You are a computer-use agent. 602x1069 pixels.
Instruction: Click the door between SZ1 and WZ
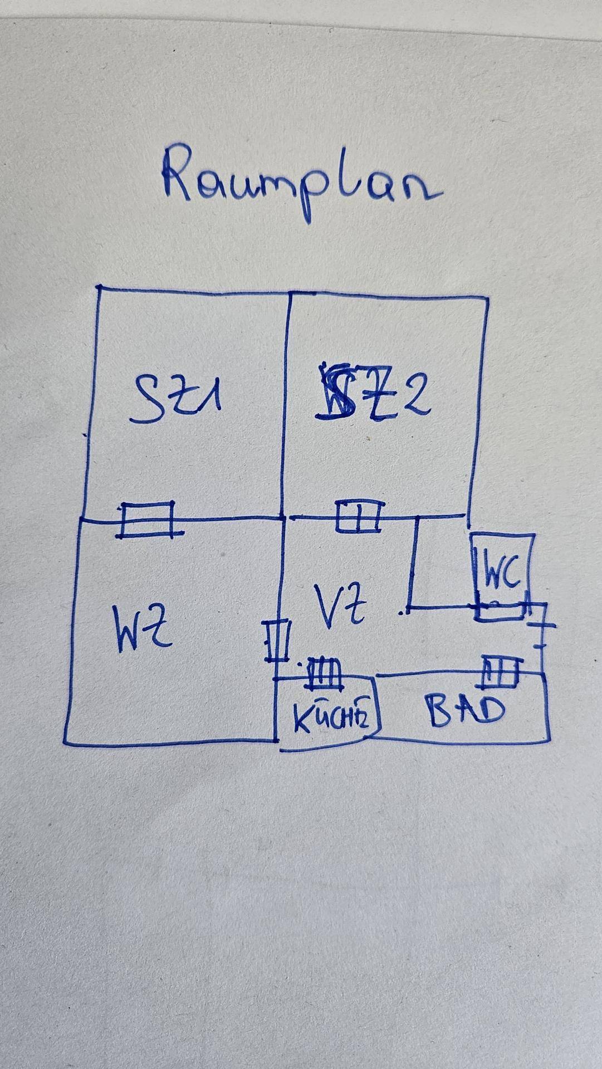(148, 519)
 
